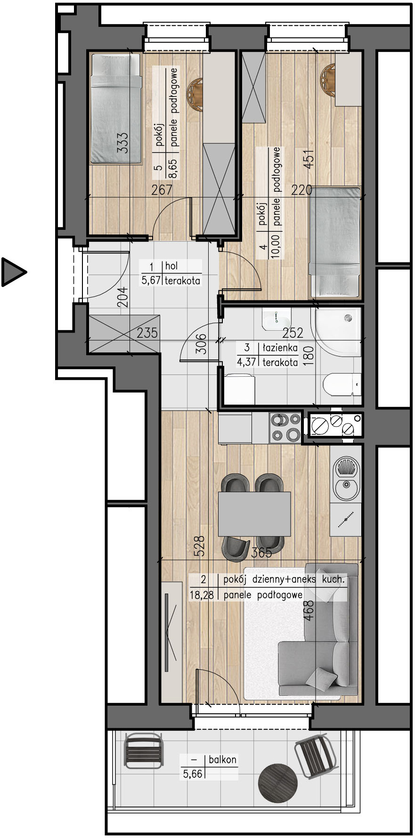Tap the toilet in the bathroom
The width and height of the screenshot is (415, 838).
pyautogui.click(x=342, y=386)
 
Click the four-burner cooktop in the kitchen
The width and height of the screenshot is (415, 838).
pyautogui.click(x=285, y=427)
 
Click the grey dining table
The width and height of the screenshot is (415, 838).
pyautogui.click(x=254, y=514)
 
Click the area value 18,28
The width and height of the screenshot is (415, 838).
pyautogui.click(x=202, y=595)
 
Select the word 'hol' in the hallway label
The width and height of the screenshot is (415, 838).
pyautogui.click(x=171, y=266)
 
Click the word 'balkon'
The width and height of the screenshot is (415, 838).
pyautogui.click(x=222, y=759)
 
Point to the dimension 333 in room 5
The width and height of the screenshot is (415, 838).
pyautogui.click(x=122, y=142)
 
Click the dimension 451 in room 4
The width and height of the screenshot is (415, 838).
pyautogui.click(x=309, y=159)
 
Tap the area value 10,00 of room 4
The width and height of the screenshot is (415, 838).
pyautogui.click(x=275, y=244)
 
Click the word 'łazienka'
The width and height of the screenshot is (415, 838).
pyautogui.click(x=280, y=348)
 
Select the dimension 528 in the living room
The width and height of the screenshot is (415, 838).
pyautogui.click(x=200, y=546)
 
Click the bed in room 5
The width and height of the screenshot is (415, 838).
pyautogui.click(x=116, y=109)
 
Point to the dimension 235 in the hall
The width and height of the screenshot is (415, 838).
pyautogui.click(x=147, y=333)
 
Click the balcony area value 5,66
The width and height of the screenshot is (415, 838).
pyautogui.click(x=193, y=773)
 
